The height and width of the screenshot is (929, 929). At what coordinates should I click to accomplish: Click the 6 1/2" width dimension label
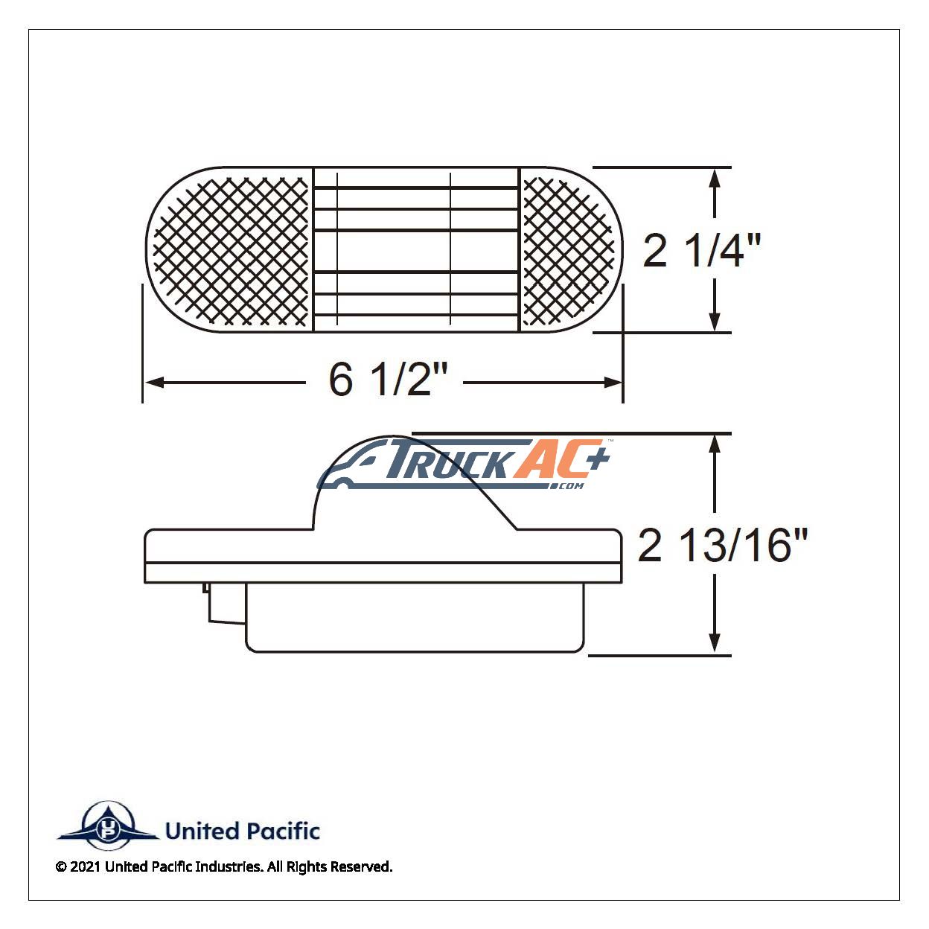[x=388, y=380]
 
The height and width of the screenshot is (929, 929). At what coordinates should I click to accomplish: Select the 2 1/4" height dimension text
[x=701, y=250]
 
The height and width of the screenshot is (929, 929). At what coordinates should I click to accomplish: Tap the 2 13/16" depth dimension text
[x=722, y=545]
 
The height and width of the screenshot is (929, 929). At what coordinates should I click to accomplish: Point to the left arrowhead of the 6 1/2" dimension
[x=154, y=383]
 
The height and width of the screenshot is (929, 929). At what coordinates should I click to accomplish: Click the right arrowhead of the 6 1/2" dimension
[x=613, y=383]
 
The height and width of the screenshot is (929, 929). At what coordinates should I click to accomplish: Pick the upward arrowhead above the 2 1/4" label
[x=715, y=178]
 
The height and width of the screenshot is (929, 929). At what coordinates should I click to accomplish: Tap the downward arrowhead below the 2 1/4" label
[x=715, y=322]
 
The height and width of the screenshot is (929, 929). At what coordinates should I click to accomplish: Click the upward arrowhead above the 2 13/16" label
[x=715, y=444]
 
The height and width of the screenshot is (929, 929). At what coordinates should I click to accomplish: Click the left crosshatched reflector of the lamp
[x=231, y=250]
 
